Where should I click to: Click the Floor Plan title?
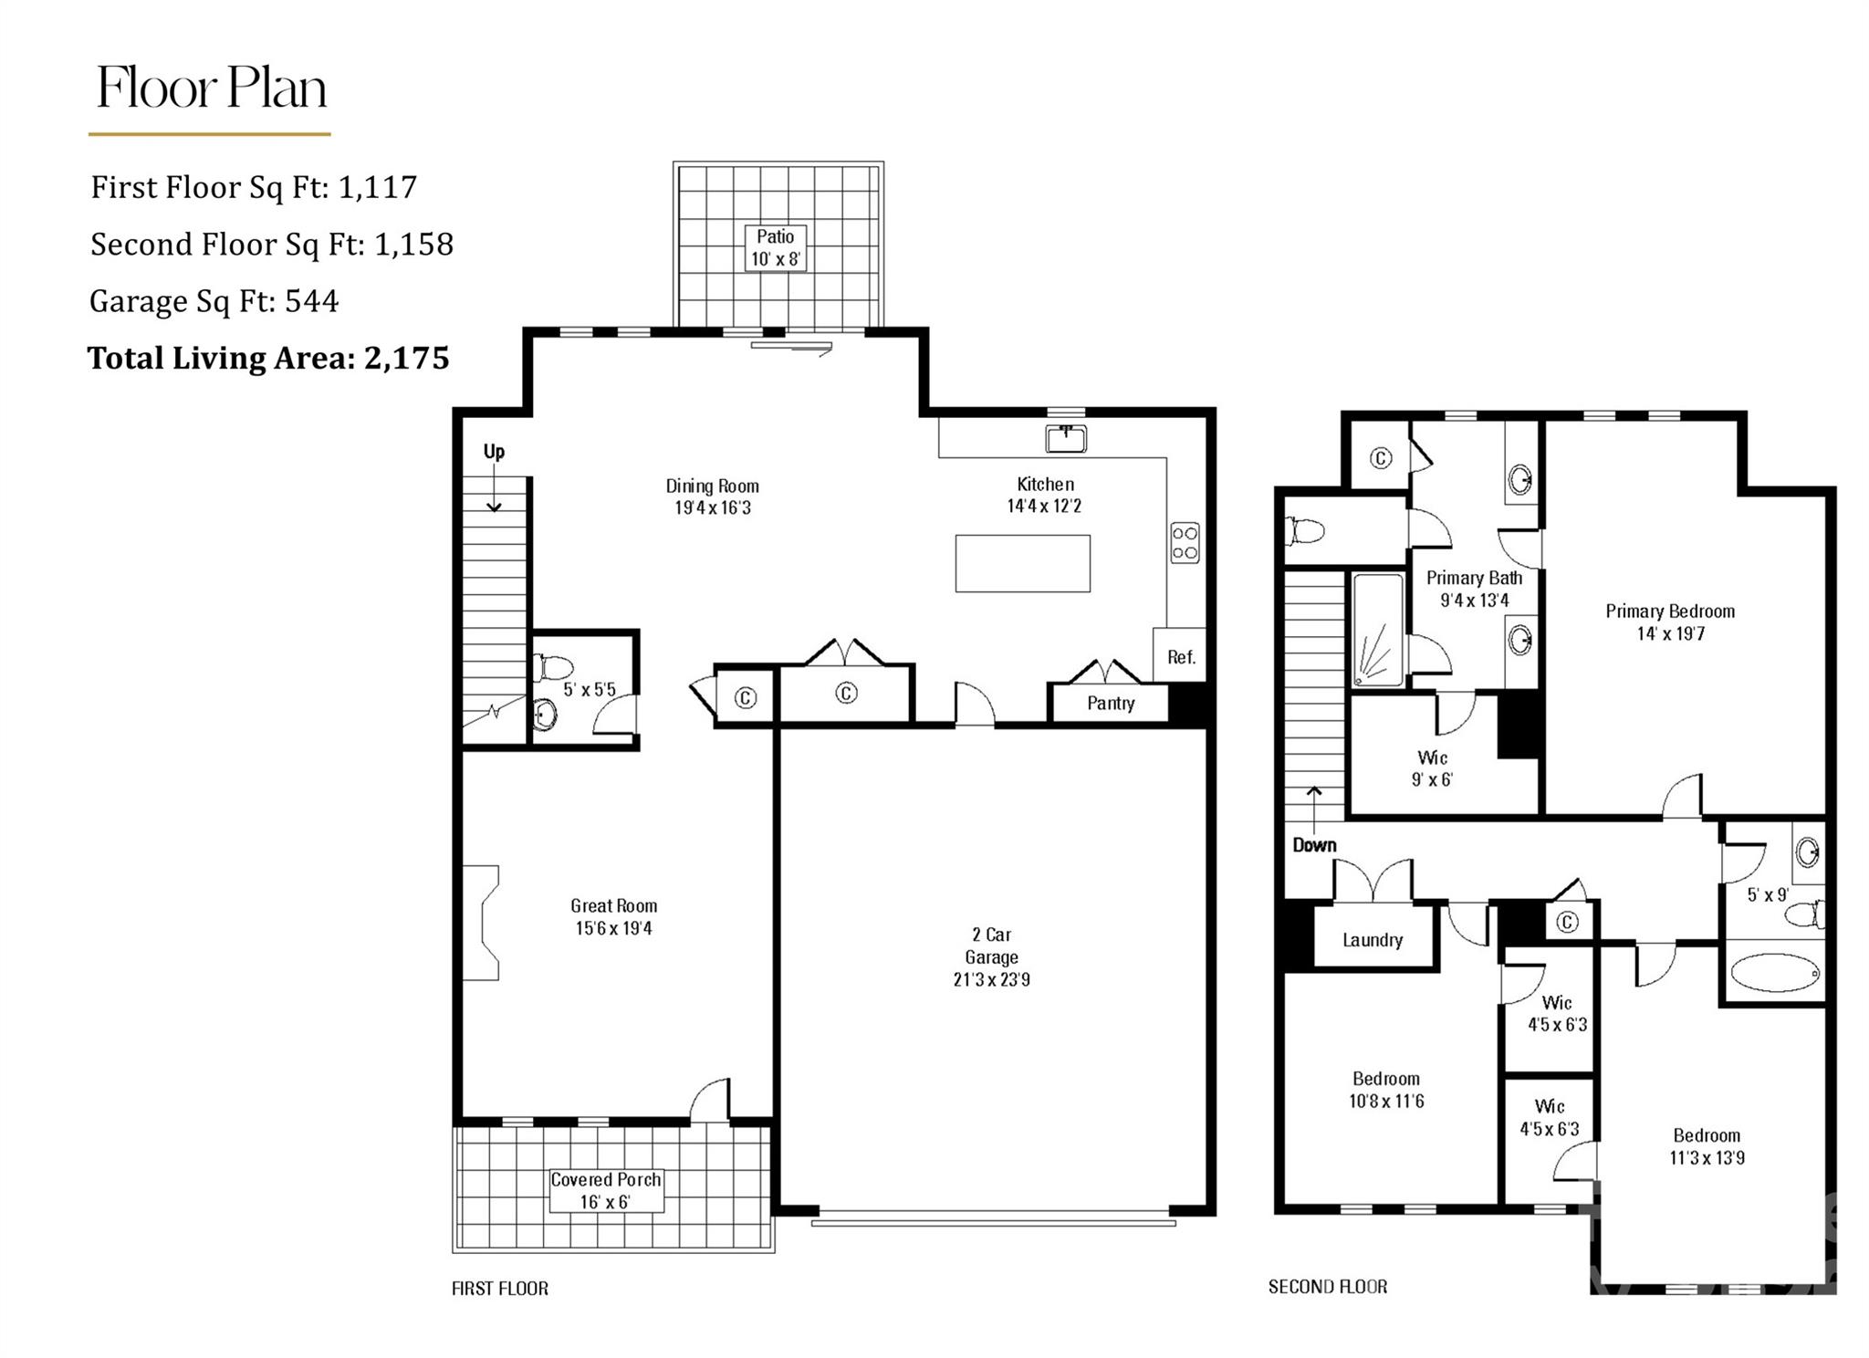(x=212, y=88)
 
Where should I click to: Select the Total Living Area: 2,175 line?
(x=268, y=358)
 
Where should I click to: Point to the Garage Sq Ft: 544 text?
(x=214, y=301)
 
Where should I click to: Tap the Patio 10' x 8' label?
(x=775, y=247)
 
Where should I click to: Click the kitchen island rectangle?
(x=1022, y=563)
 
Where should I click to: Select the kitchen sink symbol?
(x=1065, y=439)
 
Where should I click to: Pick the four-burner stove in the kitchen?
(x=1185, y=542)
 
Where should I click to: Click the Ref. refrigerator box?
(x=1180, y=654)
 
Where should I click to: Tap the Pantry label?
(x=1111, y=704)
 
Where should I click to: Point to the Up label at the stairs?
(x=494, y=451)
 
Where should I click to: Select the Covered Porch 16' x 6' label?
(x=606, y=1190)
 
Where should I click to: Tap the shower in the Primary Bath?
(x=1378, y=630)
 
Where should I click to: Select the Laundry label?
(x=1372, y=940)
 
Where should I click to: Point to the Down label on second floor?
(x=1314, y=845)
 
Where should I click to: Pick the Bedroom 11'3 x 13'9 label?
(x=1707, y=1146)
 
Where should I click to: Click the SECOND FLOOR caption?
(x=1328, y=1287)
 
